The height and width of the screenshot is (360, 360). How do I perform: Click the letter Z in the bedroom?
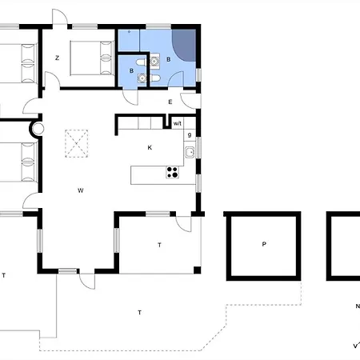57,58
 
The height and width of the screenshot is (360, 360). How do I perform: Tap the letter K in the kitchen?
150,147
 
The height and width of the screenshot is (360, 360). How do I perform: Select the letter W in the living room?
81,190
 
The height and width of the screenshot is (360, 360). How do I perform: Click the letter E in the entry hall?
170,102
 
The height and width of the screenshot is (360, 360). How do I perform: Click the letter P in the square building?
264,245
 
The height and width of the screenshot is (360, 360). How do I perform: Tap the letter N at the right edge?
357,306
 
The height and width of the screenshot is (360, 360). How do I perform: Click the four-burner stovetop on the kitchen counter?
172,172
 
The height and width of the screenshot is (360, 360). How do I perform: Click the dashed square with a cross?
77,144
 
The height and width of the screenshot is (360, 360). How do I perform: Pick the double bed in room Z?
87,57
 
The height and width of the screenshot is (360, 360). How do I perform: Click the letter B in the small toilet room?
132,71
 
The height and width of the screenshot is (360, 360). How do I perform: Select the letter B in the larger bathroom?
169,59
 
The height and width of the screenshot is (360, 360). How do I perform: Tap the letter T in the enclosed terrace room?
160,245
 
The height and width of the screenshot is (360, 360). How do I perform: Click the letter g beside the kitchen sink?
190,135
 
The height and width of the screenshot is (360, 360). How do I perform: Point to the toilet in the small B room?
141,62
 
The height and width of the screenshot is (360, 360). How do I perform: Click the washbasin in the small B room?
143,78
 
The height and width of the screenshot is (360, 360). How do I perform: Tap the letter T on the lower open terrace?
139,311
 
